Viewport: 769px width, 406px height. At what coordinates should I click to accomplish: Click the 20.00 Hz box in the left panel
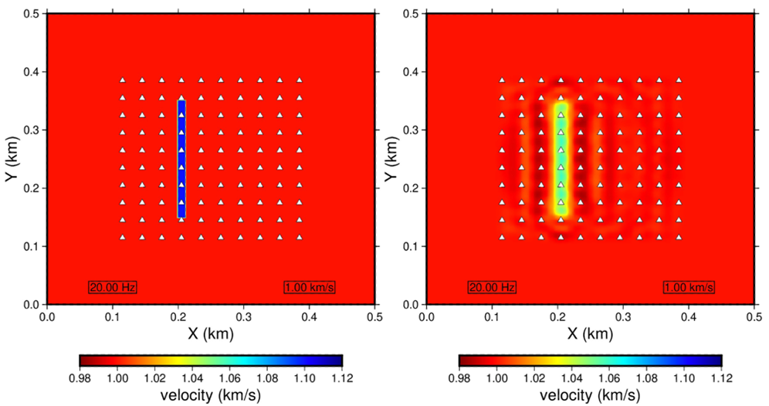(113, 287)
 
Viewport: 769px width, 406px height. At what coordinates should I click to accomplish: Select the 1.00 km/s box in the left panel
(310, 287)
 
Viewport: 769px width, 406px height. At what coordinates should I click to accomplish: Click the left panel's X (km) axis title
(210, 333)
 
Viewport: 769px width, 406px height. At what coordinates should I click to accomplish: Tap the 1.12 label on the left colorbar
(342, 379)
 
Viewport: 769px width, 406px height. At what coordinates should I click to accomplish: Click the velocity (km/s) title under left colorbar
(210, 396)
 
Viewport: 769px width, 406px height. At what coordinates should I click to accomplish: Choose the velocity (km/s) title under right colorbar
(590, 396)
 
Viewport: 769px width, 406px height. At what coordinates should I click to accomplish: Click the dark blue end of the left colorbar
(337, 360)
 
